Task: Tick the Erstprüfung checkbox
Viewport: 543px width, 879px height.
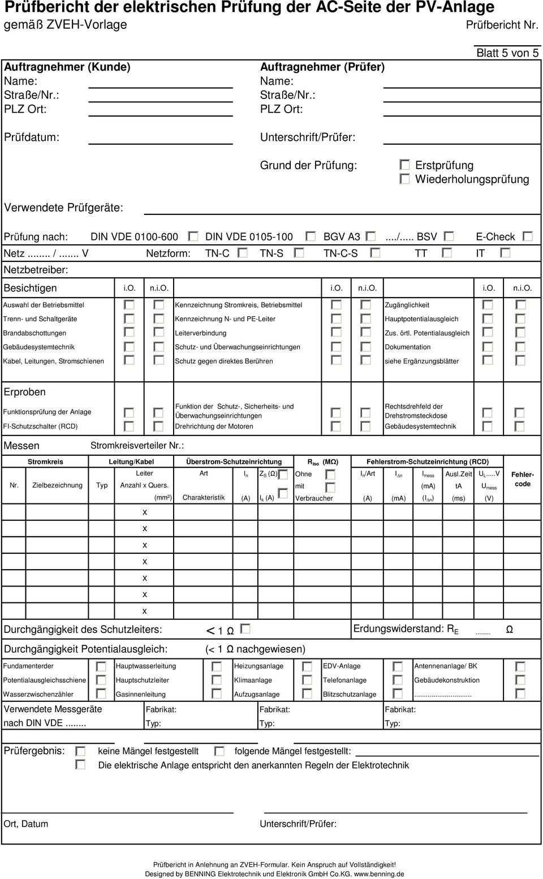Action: (x=404, y=165)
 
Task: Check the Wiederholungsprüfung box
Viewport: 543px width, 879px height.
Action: (x=404, y=179)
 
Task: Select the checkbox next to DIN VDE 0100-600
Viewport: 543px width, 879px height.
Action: (x=193, y=236)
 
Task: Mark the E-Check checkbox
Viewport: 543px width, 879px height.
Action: (x=527, y=236)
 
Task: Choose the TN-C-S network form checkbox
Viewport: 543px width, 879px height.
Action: (x=375, y=253)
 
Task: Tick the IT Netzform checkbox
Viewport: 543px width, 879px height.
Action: (x=505, y=253)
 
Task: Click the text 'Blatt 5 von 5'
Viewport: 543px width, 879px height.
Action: (x=507, y=53)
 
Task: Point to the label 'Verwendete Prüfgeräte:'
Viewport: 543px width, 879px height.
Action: (x=63, y=208)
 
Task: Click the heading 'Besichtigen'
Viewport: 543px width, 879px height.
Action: (x=31, y=288)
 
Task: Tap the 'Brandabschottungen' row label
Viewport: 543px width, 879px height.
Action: (x=35, y=333)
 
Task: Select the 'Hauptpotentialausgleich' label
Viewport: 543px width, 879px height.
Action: (x=421, y=319)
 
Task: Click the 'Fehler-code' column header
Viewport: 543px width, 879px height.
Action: (x=522, y=480)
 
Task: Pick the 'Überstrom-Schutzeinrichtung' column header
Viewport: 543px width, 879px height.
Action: (x=234, y=462)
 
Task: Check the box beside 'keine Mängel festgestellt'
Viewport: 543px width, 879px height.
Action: (x=80, y=751)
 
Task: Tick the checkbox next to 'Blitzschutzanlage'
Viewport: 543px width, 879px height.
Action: (x=398, y=694)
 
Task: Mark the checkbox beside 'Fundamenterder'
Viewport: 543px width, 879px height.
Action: (x=101, y=666)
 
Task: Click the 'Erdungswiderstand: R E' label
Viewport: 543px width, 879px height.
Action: (x=406, y=629)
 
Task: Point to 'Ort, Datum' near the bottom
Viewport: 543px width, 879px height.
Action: (x=26, y=824)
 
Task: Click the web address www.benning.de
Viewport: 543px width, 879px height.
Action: (x=380, y=874)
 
